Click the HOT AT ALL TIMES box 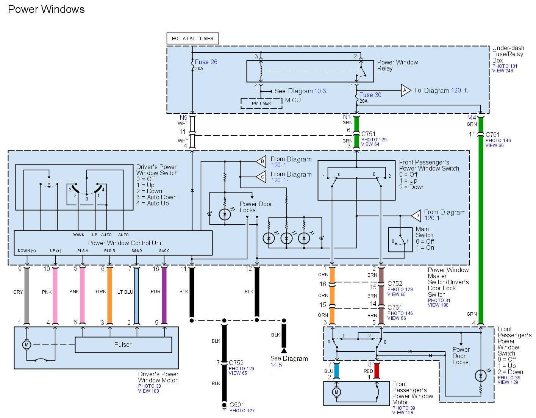[192, 39]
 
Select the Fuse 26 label [206, 62]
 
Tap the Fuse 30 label [370, 95]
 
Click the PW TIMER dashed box [261, 103]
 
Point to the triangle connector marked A [406, 91]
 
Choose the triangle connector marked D [416, 216]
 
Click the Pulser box [123, 344]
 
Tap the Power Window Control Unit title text [125, 243]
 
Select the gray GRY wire [27, 295]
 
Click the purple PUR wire [164, 295]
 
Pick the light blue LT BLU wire [136, 295]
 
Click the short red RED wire [377, 371]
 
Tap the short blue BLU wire [336, 371]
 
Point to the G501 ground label [236, 405]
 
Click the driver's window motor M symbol [27, 344]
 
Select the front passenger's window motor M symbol [336, 392]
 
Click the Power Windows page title [46, 9]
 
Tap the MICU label [293, 100]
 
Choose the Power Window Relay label [397, 65]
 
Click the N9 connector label [183, 117]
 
